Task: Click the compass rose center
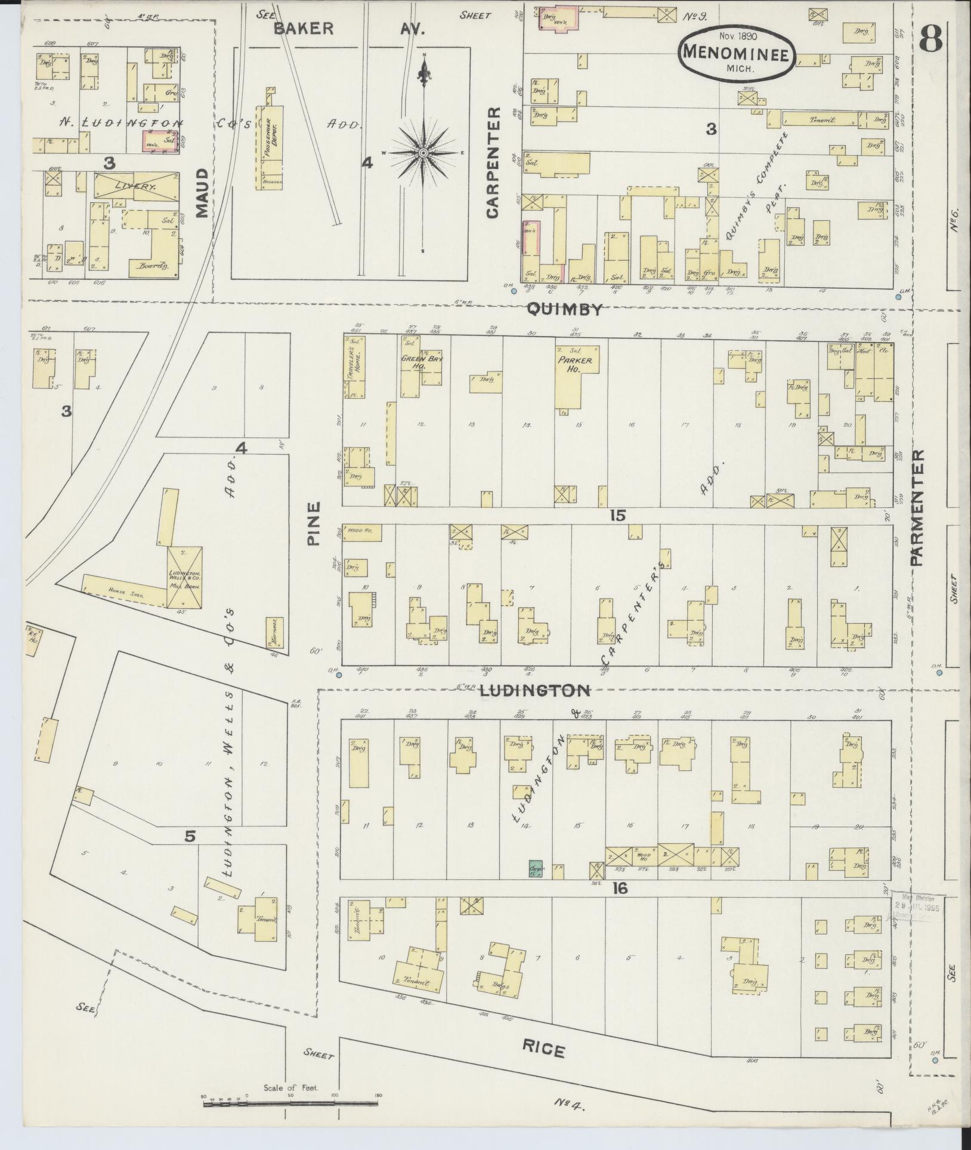pyautogui.click(x=423, y=153)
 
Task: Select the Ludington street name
pyautogui.click(x=534, y=690)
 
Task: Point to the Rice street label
pyautogui.click(x=543, y=1047)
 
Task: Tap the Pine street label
pyautogui.click(x=314, y=523)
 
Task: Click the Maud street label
pyautogui.click(x=201, y=193)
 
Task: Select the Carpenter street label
pyautogui.click(x=493, y=162)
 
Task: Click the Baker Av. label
pyautogui.click(x=349, y=29)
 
